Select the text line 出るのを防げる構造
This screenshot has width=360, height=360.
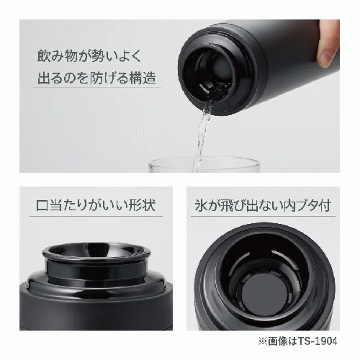tap(95, 77)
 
